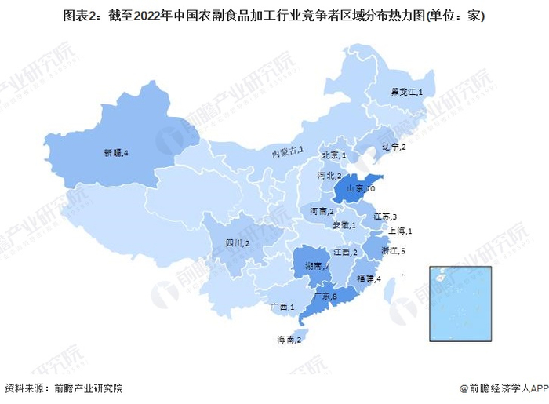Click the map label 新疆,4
coord(115,152)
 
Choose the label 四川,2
coord(238,244)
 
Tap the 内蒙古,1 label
coord(288,151)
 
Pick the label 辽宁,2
coord(392,147)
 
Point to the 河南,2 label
coord(322,212)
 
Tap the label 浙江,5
coord(391,251)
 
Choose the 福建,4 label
coord(369,278)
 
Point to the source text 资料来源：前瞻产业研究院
coord(64,388)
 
